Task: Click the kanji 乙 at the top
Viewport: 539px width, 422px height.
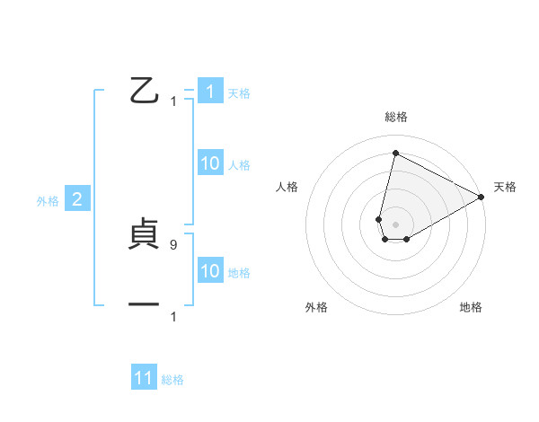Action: click(x=144, y=91)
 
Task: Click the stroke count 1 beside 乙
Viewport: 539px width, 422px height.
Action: click(x=173, y=101)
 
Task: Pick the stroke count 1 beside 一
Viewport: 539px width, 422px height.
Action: click(x=173, y=317)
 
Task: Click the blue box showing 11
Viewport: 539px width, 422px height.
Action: click(x=144, y=378)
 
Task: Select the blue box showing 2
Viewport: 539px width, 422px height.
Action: click(x=76, y=200)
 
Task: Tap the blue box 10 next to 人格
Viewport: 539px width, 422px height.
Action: click(x=210, y=164)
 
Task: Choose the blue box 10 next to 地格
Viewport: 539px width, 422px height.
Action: click(x=210, y=272)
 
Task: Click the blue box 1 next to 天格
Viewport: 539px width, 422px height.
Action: click(x=210, y=92)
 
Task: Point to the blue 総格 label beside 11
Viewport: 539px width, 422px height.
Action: click(x=172, y=380)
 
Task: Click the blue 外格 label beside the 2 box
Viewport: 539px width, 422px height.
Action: click(x=48, y=201)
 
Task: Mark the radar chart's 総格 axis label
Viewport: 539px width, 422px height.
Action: click(x=396, y=117)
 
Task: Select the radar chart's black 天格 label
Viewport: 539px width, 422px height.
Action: click(x=505, y=187)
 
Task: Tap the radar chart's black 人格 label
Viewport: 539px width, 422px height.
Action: click(x=287, y=187)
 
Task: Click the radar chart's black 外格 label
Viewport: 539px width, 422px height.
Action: click(x=316, y=307)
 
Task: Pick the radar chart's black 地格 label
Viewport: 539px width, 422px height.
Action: click(x=471, y=307)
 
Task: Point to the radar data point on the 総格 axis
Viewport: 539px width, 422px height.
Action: click(x=395, y=153)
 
